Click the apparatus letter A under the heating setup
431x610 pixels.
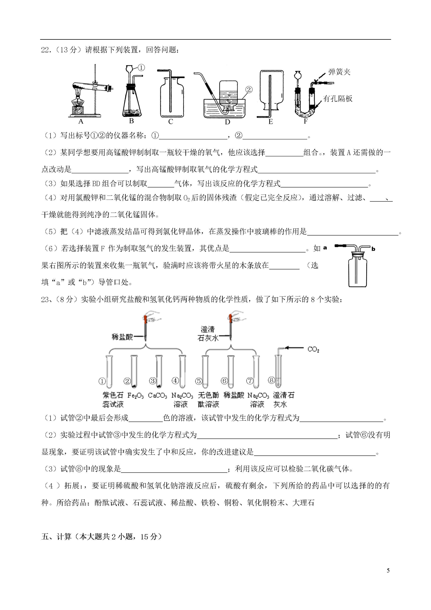point(81,122)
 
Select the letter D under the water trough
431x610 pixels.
point(228,122)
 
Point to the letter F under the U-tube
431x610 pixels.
point(306,121)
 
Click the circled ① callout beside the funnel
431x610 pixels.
point(142,68)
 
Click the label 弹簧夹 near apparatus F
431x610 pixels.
point(339,72)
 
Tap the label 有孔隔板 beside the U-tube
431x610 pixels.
point(338,98)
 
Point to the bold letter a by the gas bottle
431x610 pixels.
point(325,248)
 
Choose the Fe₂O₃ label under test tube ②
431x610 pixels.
point(136,395)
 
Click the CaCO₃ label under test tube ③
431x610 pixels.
point(158,395)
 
